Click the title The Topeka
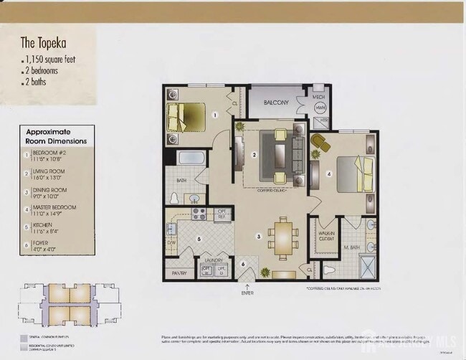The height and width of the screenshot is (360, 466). (42, 43)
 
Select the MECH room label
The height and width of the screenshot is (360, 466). (318, 96)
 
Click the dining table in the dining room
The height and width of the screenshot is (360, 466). (283, 238)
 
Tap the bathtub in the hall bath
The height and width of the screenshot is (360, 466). (191, 158)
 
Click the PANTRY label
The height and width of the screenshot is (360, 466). (179, 273)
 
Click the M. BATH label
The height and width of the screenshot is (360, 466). (351, 247)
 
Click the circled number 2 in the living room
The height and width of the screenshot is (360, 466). (255, 155)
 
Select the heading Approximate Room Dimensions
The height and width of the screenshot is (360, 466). (57, 136)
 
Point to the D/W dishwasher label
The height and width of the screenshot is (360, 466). (171, 243)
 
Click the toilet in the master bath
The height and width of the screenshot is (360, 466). (330, 270)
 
